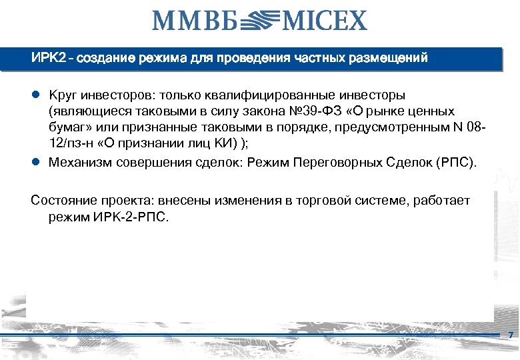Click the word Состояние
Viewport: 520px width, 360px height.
pyautogui.click(x=63, y=201)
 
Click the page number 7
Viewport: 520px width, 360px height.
pyautogui.click(x=510, y=335)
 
